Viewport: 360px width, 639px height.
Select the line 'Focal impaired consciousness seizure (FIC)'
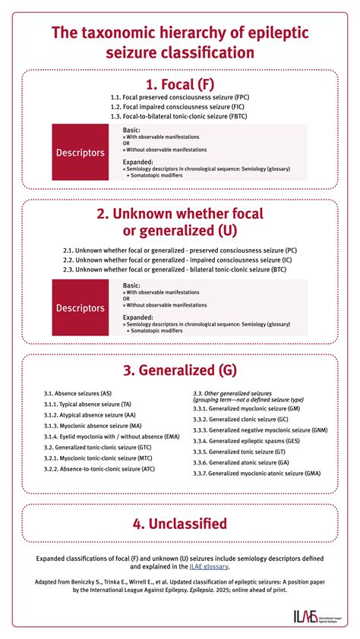(x=180, y=107)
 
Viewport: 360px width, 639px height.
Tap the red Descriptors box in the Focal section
(x=80, y=153)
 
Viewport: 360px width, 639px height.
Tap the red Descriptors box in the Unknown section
(x=80, y=307)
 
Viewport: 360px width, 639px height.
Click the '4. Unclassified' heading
(x=180, y=523)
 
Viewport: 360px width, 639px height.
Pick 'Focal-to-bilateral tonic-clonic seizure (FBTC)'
(x=180, y=116)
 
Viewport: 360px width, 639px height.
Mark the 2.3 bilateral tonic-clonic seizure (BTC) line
(x=180, y=269)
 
